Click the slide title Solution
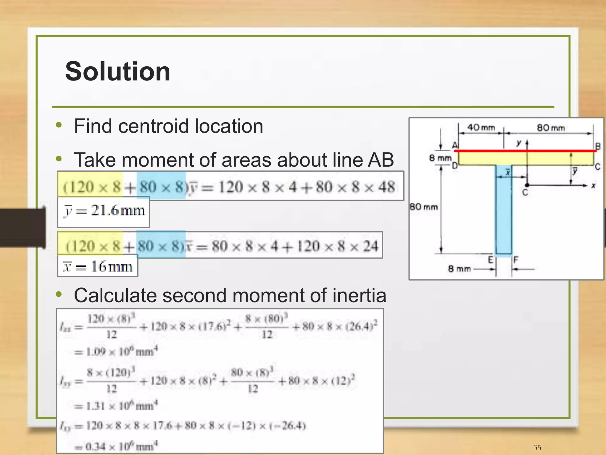point(117,71)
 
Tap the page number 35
point(537,447)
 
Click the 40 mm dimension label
point(481,128)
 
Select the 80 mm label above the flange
point(551,128)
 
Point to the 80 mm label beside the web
point(423,207)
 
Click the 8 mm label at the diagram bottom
point(459,269)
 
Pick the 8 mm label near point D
point(440,158)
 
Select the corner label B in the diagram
point(598,147)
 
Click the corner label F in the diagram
point(516,260)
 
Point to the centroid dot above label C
point(527,185)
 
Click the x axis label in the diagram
point(593,186)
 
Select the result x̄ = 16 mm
point(98,267)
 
